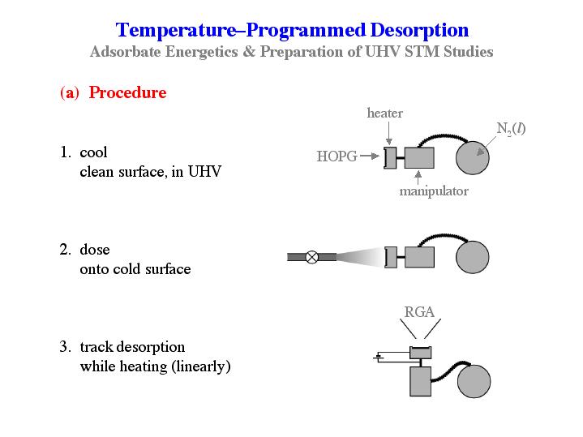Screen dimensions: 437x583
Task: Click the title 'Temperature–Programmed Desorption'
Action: click(292, 31)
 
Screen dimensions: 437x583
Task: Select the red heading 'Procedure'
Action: click(127, 92)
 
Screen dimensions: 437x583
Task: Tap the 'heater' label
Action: click(384, 114)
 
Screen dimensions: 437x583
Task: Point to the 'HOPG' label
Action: click(336, 156)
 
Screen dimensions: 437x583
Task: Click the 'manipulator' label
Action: click(433, 191)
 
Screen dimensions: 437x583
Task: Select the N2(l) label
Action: click(511, 128)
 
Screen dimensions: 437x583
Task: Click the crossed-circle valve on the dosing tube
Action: click(311, 257)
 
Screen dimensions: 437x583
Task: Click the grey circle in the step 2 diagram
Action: click(473, 257)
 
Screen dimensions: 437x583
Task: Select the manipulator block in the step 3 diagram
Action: click(420, 381)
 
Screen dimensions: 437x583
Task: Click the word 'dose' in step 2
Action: click(94, 250)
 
